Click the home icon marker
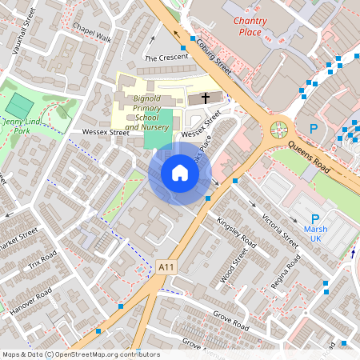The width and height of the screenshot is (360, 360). coord(179,173)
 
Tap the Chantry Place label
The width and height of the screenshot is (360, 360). coord(258,25)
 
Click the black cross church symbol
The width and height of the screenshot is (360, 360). coord(206,98)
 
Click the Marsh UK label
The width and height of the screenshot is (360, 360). coord(315,233)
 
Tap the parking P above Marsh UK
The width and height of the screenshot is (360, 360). coord(314,218)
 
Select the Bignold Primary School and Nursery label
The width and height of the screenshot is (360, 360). coord(146,113)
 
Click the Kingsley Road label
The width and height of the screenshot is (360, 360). coord(236,230)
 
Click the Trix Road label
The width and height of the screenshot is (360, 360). coord(42,262)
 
